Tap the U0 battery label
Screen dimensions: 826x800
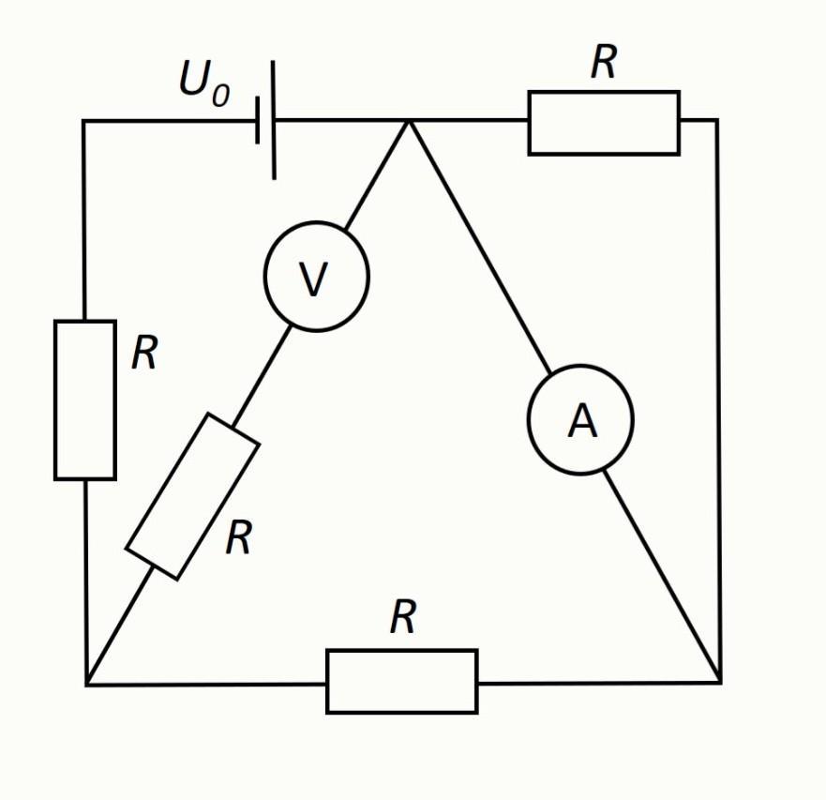pos(204,83)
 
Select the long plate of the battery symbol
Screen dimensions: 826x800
pos(274,120)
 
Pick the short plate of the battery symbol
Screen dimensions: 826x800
pos(257,120)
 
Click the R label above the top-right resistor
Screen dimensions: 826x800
pos(604,62)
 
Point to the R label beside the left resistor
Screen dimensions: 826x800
pos(144,353)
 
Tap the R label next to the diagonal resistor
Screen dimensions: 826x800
pos(239,537)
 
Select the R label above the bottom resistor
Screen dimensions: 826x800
pos(403,616)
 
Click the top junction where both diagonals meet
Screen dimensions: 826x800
pos(408,121)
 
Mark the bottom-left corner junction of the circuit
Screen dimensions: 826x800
pos(86,685)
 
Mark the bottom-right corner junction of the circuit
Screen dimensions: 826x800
pos(720,683)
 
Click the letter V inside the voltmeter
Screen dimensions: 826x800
pos(313,279)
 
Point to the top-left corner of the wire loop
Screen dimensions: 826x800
pos(83,121)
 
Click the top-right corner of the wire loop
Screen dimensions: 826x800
pos(717,121)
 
